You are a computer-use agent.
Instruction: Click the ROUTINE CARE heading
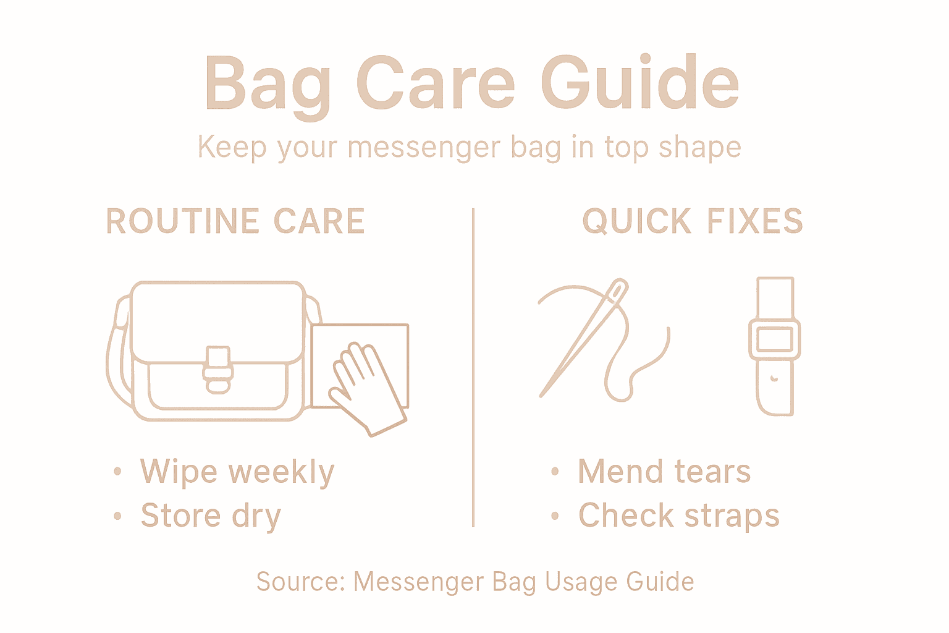tap(235, 221)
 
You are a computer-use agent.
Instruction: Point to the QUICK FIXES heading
tap(692, 221)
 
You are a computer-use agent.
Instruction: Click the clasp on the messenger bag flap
tap(217, 370)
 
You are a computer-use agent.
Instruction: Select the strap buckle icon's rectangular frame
tap(774, 339)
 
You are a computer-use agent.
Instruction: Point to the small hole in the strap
tap(774, 377)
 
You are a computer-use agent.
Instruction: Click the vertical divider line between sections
tap(473, 368)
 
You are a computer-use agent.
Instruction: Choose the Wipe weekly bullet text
tap(237, 472)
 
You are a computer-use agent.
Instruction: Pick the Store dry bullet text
tap(211, 516)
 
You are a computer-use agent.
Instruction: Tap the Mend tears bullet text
tap(664, 472)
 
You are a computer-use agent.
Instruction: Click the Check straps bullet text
tap(678, 516)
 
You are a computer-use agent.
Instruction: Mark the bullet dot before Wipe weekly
tap(117, 472)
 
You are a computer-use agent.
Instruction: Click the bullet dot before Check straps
tap(555, 516)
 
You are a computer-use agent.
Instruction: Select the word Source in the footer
tap(299, 582)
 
